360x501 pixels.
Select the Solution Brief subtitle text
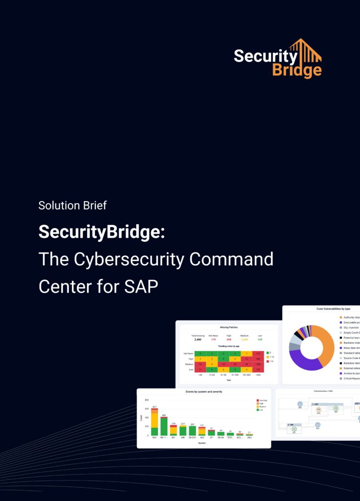[72, 205]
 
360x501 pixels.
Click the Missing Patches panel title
[228, 327]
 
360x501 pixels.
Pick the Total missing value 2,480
[198, 339]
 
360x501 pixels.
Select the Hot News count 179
[213, 339]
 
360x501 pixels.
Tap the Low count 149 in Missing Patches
[260, 339]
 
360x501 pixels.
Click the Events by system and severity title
[203, 392]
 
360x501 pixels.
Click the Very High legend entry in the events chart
[263, 400]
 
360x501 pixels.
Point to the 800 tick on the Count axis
[147, 400]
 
